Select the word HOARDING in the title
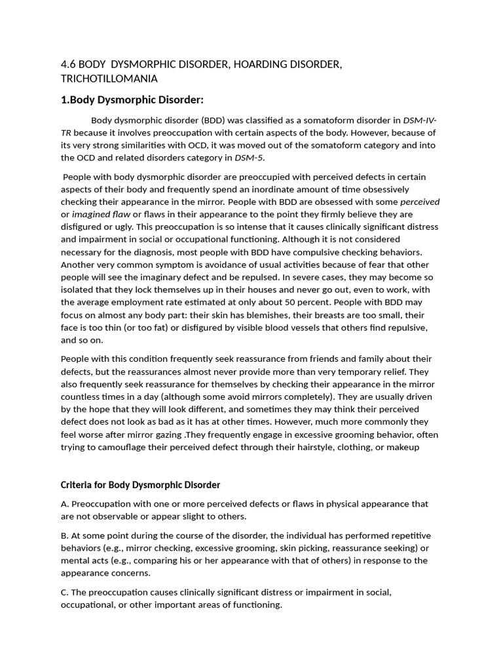click(246, 64)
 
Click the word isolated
click(79, 290)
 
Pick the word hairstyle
click(316, 447)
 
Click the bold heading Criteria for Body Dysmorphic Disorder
click(140, 485)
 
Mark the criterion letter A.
click(64, 504)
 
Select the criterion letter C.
click(64, 592)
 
